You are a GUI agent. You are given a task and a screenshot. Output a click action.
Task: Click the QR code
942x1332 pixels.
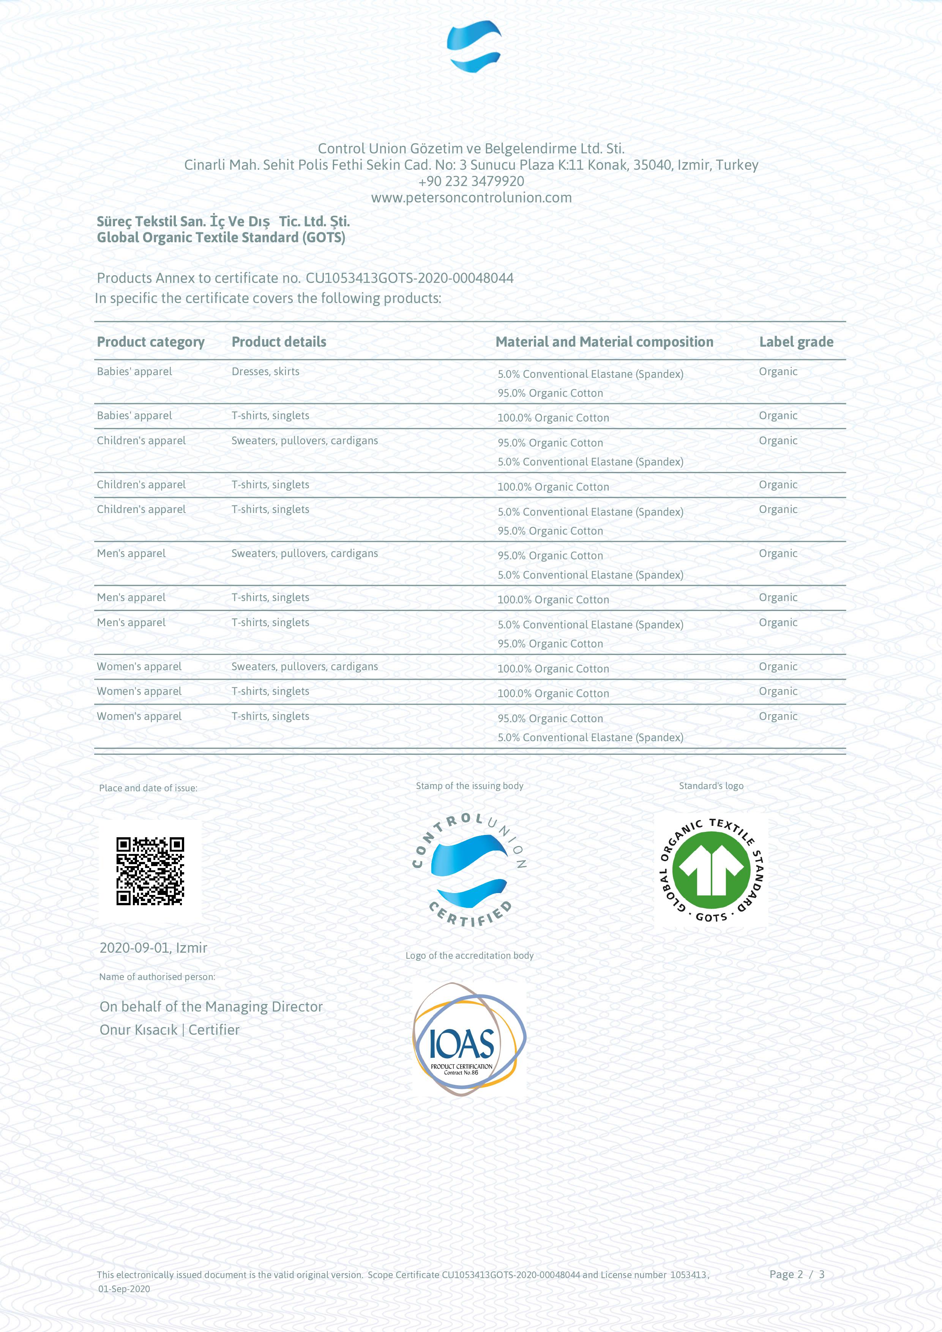tap(150, 871)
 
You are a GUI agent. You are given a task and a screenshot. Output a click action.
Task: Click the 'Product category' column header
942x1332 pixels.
tap(151, 342)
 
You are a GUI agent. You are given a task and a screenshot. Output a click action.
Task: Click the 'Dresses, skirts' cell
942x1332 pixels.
tap(266, 372)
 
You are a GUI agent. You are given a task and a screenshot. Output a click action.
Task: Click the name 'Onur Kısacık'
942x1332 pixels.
tap(139, 1030)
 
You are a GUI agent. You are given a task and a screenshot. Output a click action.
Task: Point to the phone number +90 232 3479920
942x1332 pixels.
tap(471, 181)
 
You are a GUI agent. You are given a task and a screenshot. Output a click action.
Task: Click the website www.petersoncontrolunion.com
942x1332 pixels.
tap(471, 198)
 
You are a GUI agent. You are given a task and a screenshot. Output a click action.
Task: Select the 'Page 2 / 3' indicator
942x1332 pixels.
tap(797, 1275)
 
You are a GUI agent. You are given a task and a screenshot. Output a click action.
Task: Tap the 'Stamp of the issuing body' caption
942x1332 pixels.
tap(469, 786)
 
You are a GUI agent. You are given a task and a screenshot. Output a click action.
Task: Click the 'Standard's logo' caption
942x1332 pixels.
tap(711, 786)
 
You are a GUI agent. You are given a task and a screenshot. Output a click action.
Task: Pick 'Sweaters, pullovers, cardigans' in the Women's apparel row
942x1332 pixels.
tap(305, 667)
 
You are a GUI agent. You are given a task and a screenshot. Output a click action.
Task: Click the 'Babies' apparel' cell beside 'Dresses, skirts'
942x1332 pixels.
tap(134, 372)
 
